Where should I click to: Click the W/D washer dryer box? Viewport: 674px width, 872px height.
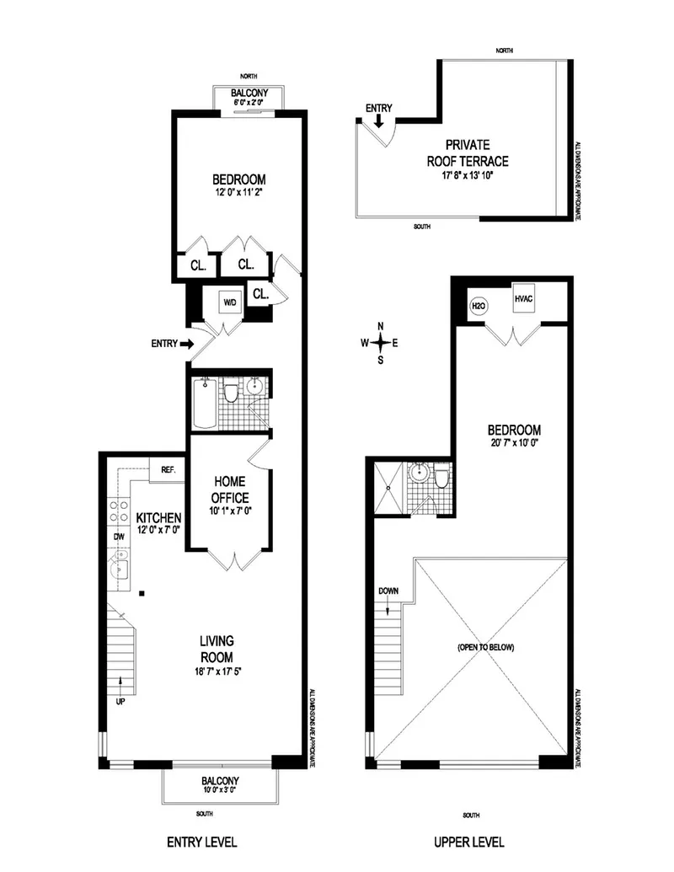pyautogui.click(x=230, y=302)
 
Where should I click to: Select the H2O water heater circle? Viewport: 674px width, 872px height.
pyautogui.click(x=475, y=305)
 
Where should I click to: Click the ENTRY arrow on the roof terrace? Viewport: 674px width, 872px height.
pyautogui.click(x=379, y=120)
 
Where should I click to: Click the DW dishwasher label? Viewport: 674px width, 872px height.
pyautogui.click(x=117, y=535)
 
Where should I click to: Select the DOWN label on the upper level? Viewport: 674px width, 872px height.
pyautogui.click(x=388, y=590)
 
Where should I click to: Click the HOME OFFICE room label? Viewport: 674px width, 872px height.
pyautogui.click(x=229, y=489)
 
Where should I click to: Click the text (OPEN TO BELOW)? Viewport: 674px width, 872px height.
pyautogui.click(x=486, y=648)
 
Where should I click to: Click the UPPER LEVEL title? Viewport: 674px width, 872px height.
pyautogui.click(x=470, y=842)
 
